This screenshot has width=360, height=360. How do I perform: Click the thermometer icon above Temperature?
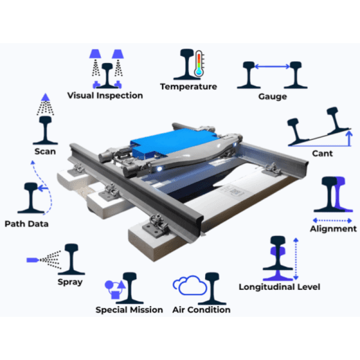pos(199,64)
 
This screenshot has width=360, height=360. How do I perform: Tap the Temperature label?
pos(188,86)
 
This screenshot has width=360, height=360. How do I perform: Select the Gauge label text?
pos(272,97)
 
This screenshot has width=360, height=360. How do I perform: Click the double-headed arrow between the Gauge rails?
pos(272,67)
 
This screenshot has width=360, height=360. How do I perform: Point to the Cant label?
pos(322,154)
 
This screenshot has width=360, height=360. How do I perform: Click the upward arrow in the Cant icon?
pos(349,138)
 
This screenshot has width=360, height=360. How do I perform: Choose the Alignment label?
pos(334,229)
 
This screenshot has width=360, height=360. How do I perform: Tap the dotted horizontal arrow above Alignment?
pos(332,220)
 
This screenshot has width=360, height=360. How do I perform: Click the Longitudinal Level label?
pos(280,287)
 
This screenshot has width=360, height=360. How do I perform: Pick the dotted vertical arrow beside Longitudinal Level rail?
pos(296,259)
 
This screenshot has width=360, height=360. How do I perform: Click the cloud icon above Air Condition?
pos(190,285)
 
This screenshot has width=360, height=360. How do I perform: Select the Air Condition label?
pos(202,310)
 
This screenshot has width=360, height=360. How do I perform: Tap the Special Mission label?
pos(129,310)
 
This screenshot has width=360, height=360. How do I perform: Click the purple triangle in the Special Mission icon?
pos(121,284)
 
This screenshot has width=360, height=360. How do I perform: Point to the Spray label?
pos(70,282)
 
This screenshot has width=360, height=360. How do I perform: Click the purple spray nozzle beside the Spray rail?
pos(33,260)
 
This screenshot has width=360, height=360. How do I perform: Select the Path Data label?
pos(26,224)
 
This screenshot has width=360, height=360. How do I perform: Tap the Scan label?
pos(45,152)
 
